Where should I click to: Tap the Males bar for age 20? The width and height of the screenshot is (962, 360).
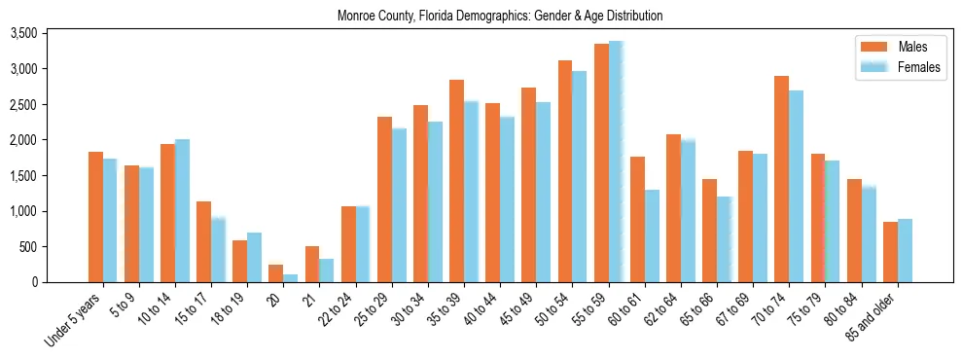click(x=275, y=273)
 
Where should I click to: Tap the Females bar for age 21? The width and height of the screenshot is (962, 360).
click(x=327, y=270)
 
